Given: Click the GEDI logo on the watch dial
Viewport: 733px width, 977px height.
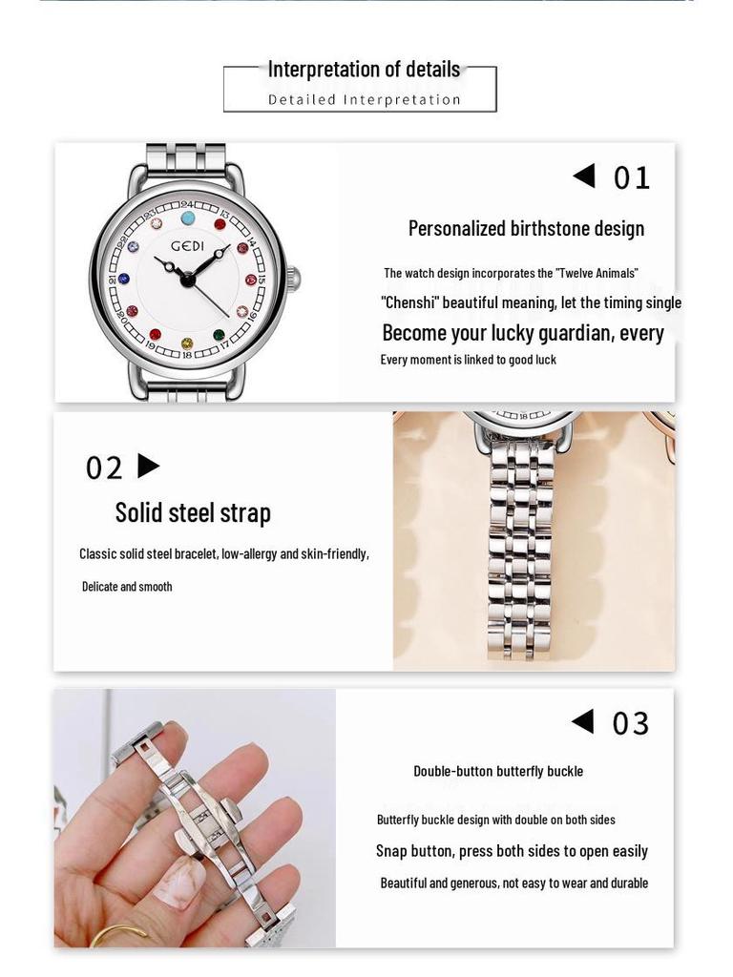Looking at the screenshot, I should click(188, 246).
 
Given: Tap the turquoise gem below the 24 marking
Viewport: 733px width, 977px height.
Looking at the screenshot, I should click(188, 218).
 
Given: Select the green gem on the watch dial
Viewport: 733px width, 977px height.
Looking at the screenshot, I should click(219, 335).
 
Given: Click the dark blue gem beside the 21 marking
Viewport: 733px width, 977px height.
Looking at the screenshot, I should click(123, 280).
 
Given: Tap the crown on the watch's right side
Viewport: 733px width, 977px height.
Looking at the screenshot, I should click(294, 280).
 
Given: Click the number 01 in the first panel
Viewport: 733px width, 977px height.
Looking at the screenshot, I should click(631, 178).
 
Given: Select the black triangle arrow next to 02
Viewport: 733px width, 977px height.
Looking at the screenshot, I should click(148, 466).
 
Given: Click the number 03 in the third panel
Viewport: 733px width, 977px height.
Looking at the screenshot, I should click(630, 724).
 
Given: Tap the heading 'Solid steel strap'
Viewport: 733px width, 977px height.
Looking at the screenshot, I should click(193, 512).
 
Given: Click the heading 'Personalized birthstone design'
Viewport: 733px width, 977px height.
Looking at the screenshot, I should click(526, 229).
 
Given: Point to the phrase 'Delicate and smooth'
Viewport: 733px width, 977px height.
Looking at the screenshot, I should click(127, 587).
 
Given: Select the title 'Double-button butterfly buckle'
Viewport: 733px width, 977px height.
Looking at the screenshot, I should click(497, 771).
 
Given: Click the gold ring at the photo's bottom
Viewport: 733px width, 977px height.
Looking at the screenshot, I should click(119, 936).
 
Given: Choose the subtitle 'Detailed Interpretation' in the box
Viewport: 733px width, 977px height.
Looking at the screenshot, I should click(364, 99).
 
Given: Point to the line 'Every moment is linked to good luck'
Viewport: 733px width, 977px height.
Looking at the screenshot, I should click(468, 360).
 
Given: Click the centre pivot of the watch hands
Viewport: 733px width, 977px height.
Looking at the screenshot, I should click(187, 280).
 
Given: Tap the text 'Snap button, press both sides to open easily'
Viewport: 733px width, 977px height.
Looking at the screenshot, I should click(512, 851).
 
